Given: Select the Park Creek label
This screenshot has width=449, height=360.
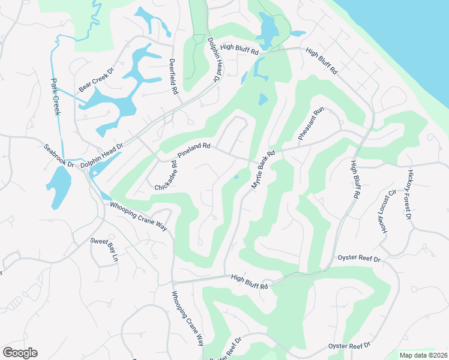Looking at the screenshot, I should [x=56, y=97].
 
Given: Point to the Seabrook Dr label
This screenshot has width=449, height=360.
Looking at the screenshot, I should [x=58, y=155].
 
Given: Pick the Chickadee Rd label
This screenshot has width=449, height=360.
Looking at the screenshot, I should [x=167, y=176].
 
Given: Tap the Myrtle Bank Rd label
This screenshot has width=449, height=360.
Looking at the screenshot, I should [x=262, y=170].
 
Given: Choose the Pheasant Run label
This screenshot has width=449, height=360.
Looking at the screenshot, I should [x=311, y=124].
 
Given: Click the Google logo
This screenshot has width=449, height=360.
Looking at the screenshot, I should [x=20, y=353].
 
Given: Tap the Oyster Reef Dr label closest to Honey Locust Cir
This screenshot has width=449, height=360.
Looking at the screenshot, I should [x=360, y=259].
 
